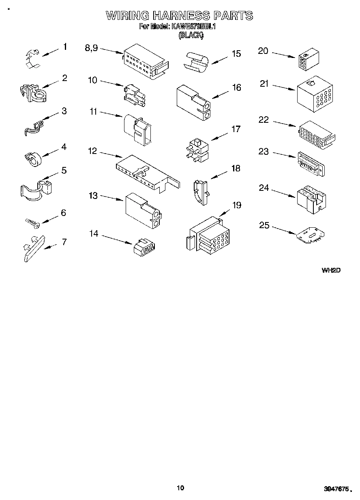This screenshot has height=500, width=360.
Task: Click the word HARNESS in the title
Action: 181,16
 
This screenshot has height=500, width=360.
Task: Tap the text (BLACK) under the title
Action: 191,35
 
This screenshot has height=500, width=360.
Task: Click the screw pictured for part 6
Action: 31,222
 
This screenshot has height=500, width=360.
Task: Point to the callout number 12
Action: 92,151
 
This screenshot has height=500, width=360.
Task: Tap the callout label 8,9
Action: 91,48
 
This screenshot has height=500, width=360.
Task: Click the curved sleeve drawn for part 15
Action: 196,61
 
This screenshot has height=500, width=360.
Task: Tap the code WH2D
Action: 331,270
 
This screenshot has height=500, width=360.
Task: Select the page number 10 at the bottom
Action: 180,487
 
